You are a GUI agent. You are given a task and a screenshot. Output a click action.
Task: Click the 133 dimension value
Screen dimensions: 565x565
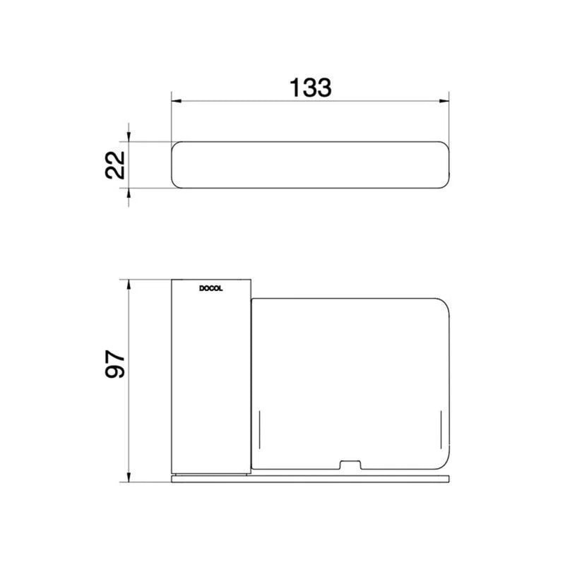tap(310, 88)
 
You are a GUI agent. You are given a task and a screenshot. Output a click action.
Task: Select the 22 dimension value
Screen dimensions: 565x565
tap(115, 165)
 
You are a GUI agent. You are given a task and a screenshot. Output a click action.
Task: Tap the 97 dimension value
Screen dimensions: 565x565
tap(115, 364)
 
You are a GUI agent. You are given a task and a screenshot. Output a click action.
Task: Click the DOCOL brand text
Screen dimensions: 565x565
tap(210, 289)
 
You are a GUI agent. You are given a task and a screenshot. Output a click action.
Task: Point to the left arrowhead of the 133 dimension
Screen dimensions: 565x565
tap(176, 101)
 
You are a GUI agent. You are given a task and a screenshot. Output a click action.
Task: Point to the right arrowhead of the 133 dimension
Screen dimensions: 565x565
tap(444, 101)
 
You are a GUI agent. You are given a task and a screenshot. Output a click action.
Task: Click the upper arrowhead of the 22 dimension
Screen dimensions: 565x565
tap(129, 136)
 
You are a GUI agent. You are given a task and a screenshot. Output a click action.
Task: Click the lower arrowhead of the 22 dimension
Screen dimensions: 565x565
tap(129, 193)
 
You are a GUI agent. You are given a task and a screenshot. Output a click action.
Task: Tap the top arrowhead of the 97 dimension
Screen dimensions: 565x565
tap(129, 285)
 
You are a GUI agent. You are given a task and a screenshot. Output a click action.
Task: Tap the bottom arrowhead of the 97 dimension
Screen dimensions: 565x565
tap(129, 477)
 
